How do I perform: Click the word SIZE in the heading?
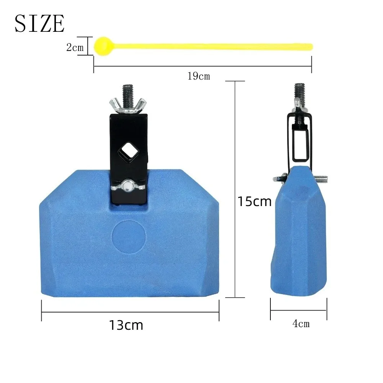pos(39,23)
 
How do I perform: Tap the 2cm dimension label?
pos(75,47)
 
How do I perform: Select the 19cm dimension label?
pos(199,76)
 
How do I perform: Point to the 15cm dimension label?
pos(255,201)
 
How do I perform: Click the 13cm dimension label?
pos(126,325)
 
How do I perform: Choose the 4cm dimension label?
pos(301,324)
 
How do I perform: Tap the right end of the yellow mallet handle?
pos(312,47)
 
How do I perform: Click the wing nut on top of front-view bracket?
pos(128,105)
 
